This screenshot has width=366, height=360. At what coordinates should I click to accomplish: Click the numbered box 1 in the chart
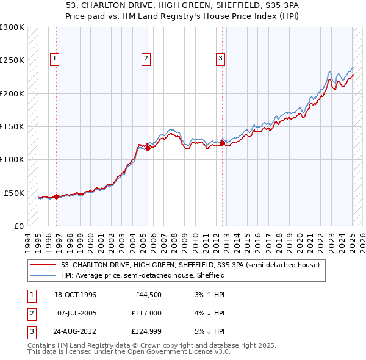(x=55, y=59)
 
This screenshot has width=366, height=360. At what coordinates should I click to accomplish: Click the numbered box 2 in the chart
(x=146, y=59)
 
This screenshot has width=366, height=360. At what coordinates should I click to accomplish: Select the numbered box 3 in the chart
(x=220, y=59)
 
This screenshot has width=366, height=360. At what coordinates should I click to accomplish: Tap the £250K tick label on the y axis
(x=13, y=60)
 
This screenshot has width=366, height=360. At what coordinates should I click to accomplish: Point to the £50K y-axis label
(x=15, y=193)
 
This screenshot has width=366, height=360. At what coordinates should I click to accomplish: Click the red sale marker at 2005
(x=148, y=148)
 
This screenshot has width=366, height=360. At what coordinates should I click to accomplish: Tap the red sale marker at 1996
(x=57, y=196)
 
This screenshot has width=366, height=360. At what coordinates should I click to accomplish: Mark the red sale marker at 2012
(x=222, y=143)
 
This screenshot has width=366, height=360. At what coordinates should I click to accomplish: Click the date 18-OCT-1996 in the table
(x=75, y=295)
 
